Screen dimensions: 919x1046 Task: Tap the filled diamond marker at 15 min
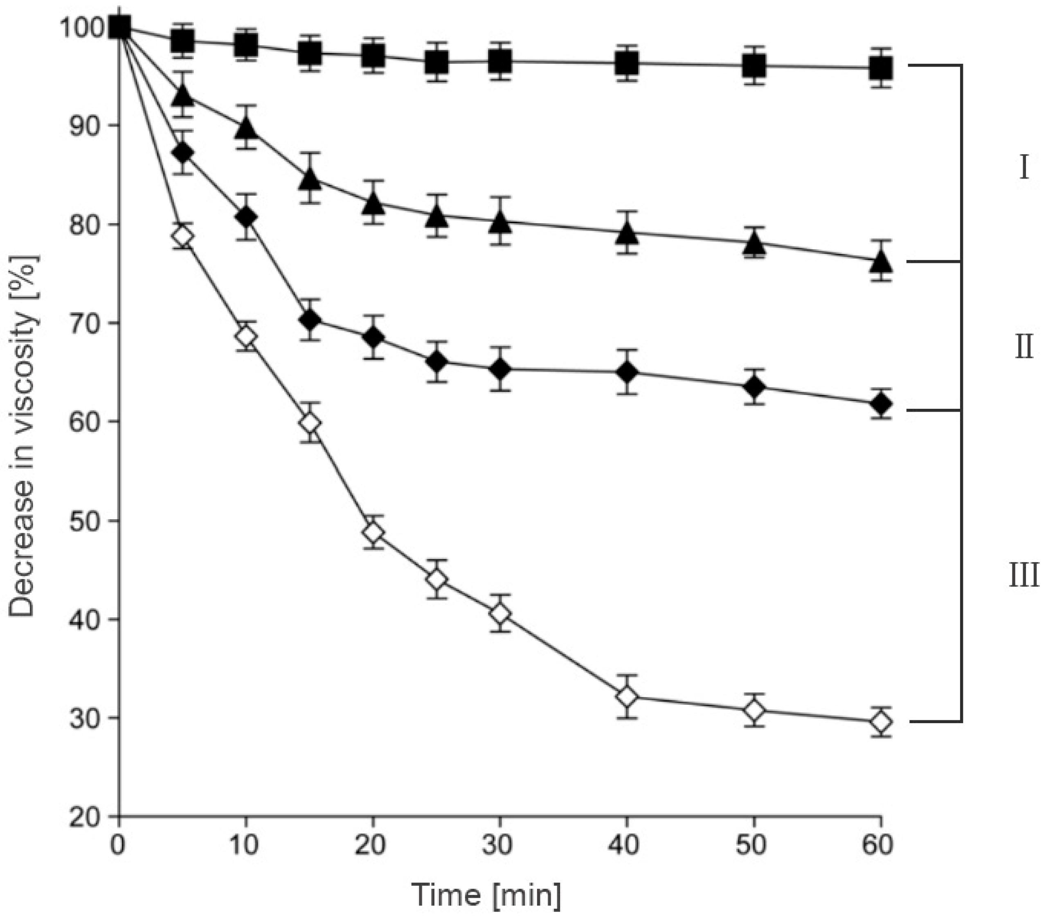(310, 320)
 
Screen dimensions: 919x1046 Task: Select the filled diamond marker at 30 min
(500, 369)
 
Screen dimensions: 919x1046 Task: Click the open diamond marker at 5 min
(183, 236)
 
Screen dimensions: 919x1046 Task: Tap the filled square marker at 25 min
(436, 63)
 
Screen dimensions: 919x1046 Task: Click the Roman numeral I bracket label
(1023, 168)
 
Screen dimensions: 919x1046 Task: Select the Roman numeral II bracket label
(1024, 348)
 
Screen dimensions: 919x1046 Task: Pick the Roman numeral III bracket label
(1024, 576)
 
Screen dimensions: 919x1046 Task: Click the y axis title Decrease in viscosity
(23, 435)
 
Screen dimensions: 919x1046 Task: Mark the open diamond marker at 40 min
(628, 697)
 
